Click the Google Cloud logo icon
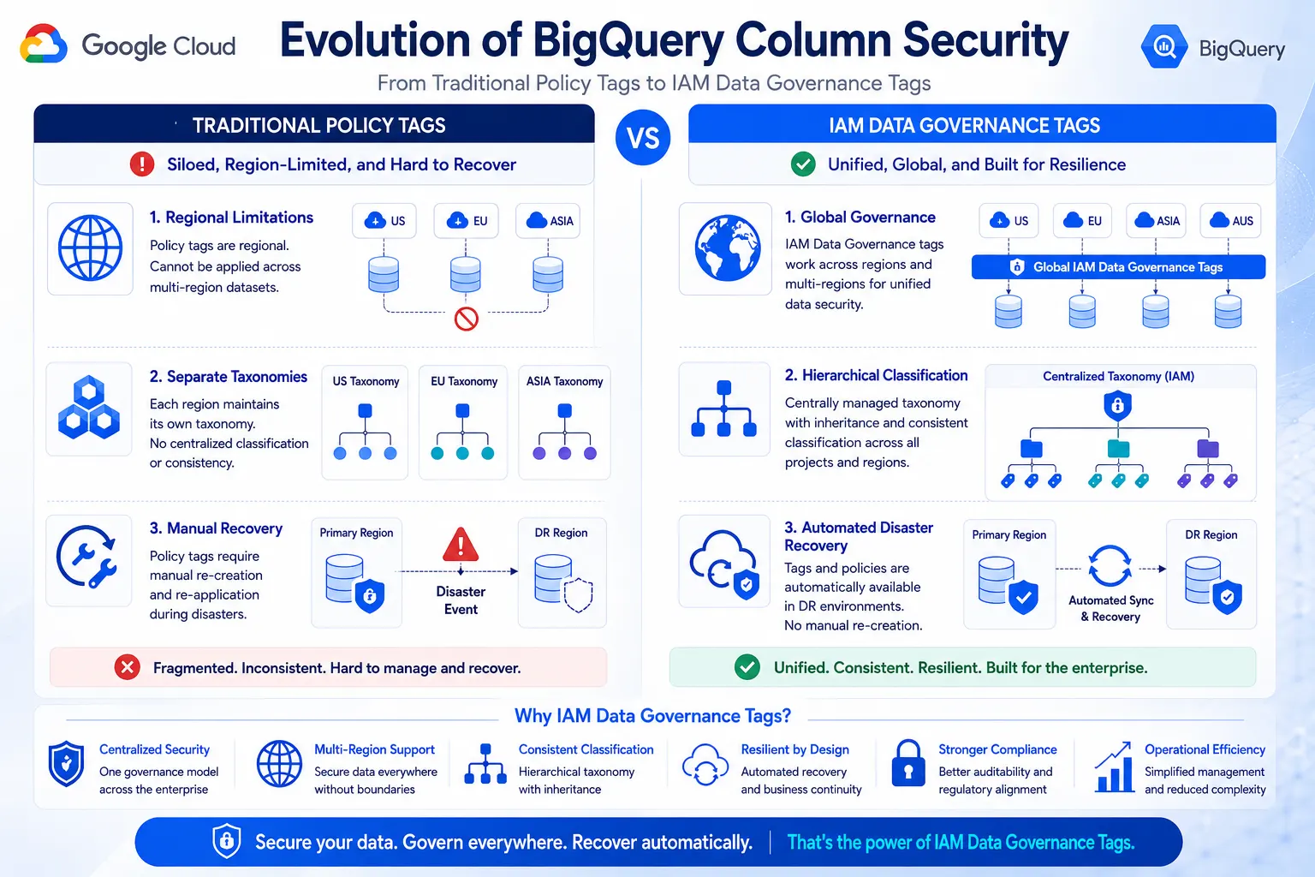(x=44, y=44)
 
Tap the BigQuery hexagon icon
(x=1164, y=46)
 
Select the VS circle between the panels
(x=643, y=137)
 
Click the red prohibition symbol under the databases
(x=466, y=319)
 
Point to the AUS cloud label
(x=1231, y=221)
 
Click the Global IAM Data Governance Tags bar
(x=1118, y=267)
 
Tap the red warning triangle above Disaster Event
(x=461, y=544)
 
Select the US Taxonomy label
(x=366, y=381)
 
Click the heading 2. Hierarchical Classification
(x=876, y=375)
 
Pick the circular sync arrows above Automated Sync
(x=1110, y=566)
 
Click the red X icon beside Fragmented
(x=128, y=667)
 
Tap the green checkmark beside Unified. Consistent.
(x=747, y=667)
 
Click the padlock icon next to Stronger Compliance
(x=908, y=763)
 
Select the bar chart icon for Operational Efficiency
(x=1114, y=767)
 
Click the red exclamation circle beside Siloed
(x=142, y=164)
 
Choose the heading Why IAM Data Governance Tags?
(x=653, y=715)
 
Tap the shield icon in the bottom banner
(x=227, y=841)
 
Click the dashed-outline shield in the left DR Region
(x=578, y=595)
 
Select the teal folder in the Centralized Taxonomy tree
(x=1118, y=448)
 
